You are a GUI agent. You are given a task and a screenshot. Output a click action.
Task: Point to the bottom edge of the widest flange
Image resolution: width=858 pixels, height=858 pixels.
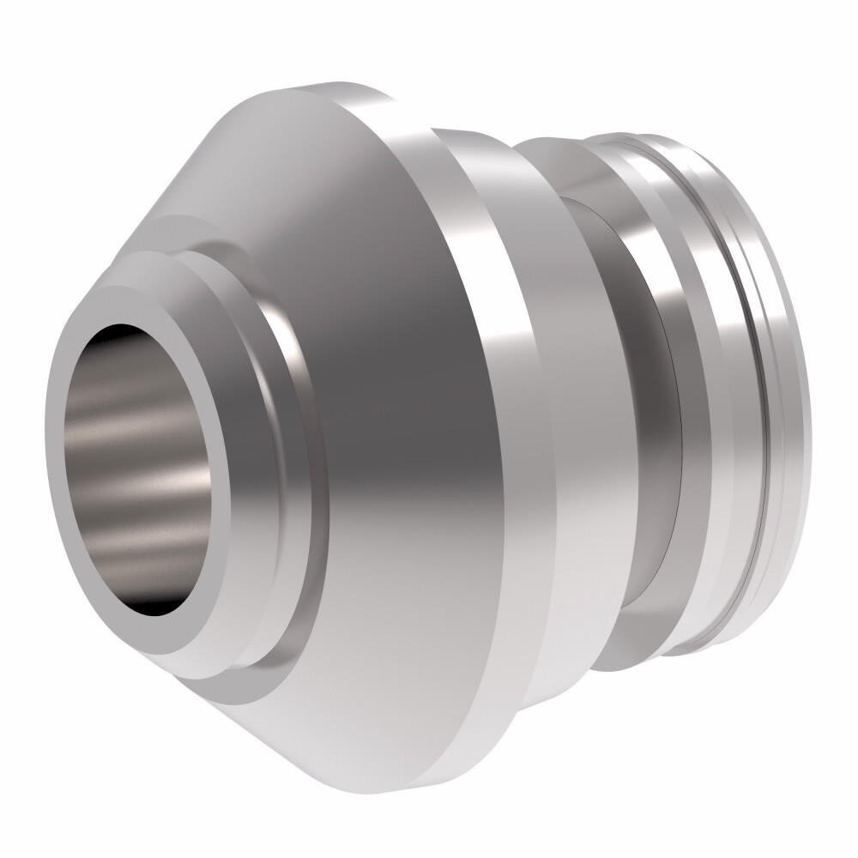coord(446,776)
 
